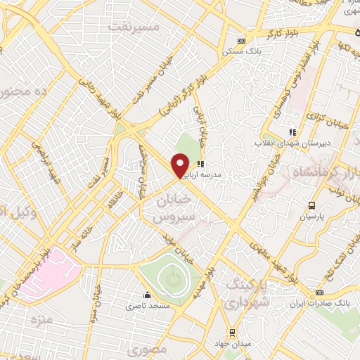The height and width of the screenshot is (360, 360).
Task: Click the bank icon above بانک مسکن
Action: [x=242, y=41]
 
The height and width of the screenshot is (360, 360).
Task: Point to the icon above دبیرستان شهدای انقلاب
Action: [x=293, y=131]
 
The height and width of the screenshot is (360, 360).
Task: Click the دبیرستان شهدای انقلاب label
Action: [x=288, y=143]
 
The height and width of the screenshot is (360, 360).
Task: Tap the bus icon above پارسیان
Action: [x=311, y=205]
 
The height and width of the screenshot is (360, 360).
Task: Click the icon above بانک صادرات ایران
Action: [x=319, y=292]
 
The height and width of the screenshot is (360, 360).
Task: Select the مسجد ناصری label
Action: [x=143, y=307]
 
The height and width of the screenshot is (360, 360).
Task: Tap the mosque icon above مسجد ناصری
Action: [x=147, y=295]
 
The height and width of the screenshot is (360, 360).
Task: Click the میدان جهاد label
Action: [x=232, y=345]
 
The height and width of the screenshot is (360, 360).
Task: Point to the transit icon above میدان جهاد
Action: [x=232, y=333]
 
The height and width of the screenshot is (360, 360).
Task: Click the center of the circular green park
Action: [x=172, y=280]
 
